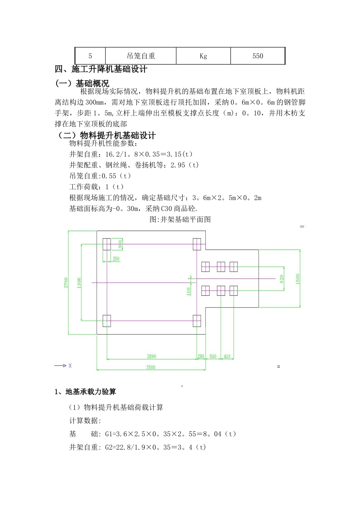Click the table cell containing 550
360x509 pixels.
point(258,56)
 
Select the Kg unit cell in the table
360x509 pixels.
point(203,56)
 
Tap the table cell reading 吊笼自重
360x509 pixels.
point(141,56)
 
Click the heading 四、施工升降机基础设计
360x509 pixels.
point(101,69)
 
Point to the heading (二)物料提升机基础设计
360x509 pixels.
point(106,136)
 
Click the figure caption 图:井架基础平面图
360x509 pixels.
point(180,219)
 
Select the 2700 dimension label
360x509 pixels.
point(66,283)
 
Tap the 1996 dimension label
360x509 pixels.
point(79,283)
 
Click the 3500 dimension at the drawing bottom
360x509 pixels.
point(151,367)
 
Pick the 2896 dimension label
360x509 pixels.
point(152,356)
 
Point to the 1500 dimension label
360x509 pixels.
point(297,279)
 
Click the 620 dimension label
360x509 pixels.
point(282,279)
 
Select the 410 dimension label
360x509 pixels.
point(227,356)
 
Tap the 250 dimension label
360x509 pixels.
point(116,259)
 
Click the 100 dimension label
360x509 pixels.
point(189,291)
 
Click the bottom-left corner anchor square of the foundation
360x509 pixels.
point(106,321)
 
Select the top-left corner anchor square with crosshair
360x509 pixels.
point(106,244)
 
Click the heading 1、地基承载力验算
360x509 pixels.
point(85,392)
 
